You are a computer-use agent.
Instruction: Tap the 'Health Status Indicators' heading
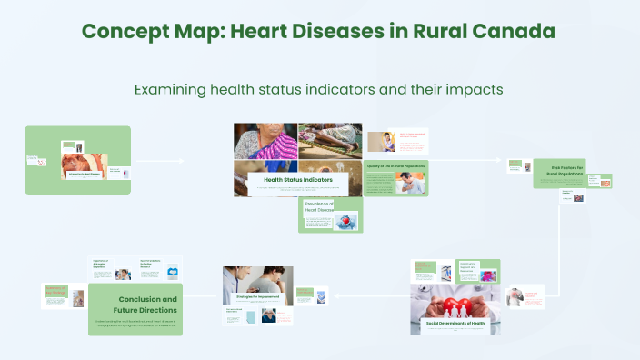tap(298, 180)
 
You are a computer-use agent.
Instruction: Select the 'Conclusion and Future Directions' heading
tap(147, 304)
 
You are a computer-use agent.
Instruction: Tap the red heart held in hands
tap(455, 305)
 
